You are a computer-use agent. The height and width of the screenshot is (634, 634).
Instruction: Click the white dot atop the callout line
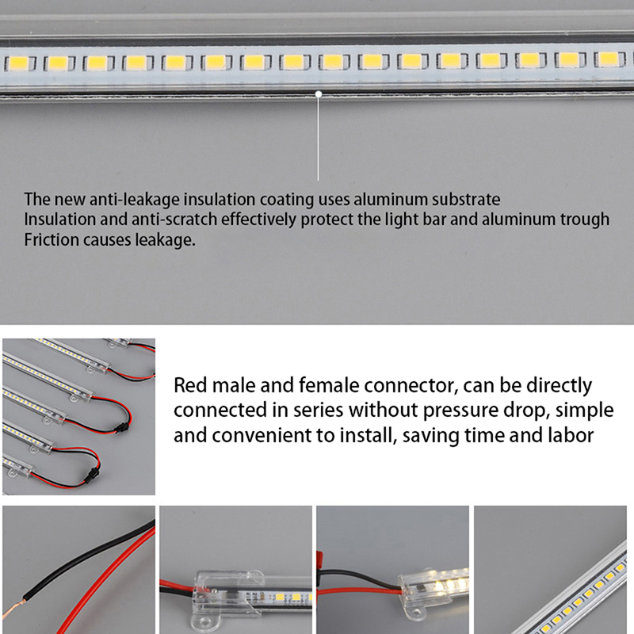pos(319,94)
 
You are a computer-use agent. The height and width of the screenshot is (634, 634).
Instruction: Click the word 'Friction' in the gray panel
pos(52,240)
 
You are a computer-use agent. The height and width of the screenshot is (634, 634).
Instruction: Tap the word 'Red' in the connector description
pos(190,385)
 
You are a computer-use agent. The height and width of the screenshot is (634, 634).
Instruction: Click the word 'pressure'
pos(460,411)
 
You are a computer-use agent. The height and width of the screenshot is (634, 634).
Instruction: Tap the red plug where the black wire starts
pos(319,562)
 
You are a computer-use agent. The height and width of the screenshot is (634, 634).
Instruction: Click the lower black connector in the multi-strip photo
pos(92,472)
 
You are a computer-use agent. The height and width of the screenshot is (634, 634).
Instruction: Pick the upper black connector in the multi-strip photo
pos(120,427)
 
